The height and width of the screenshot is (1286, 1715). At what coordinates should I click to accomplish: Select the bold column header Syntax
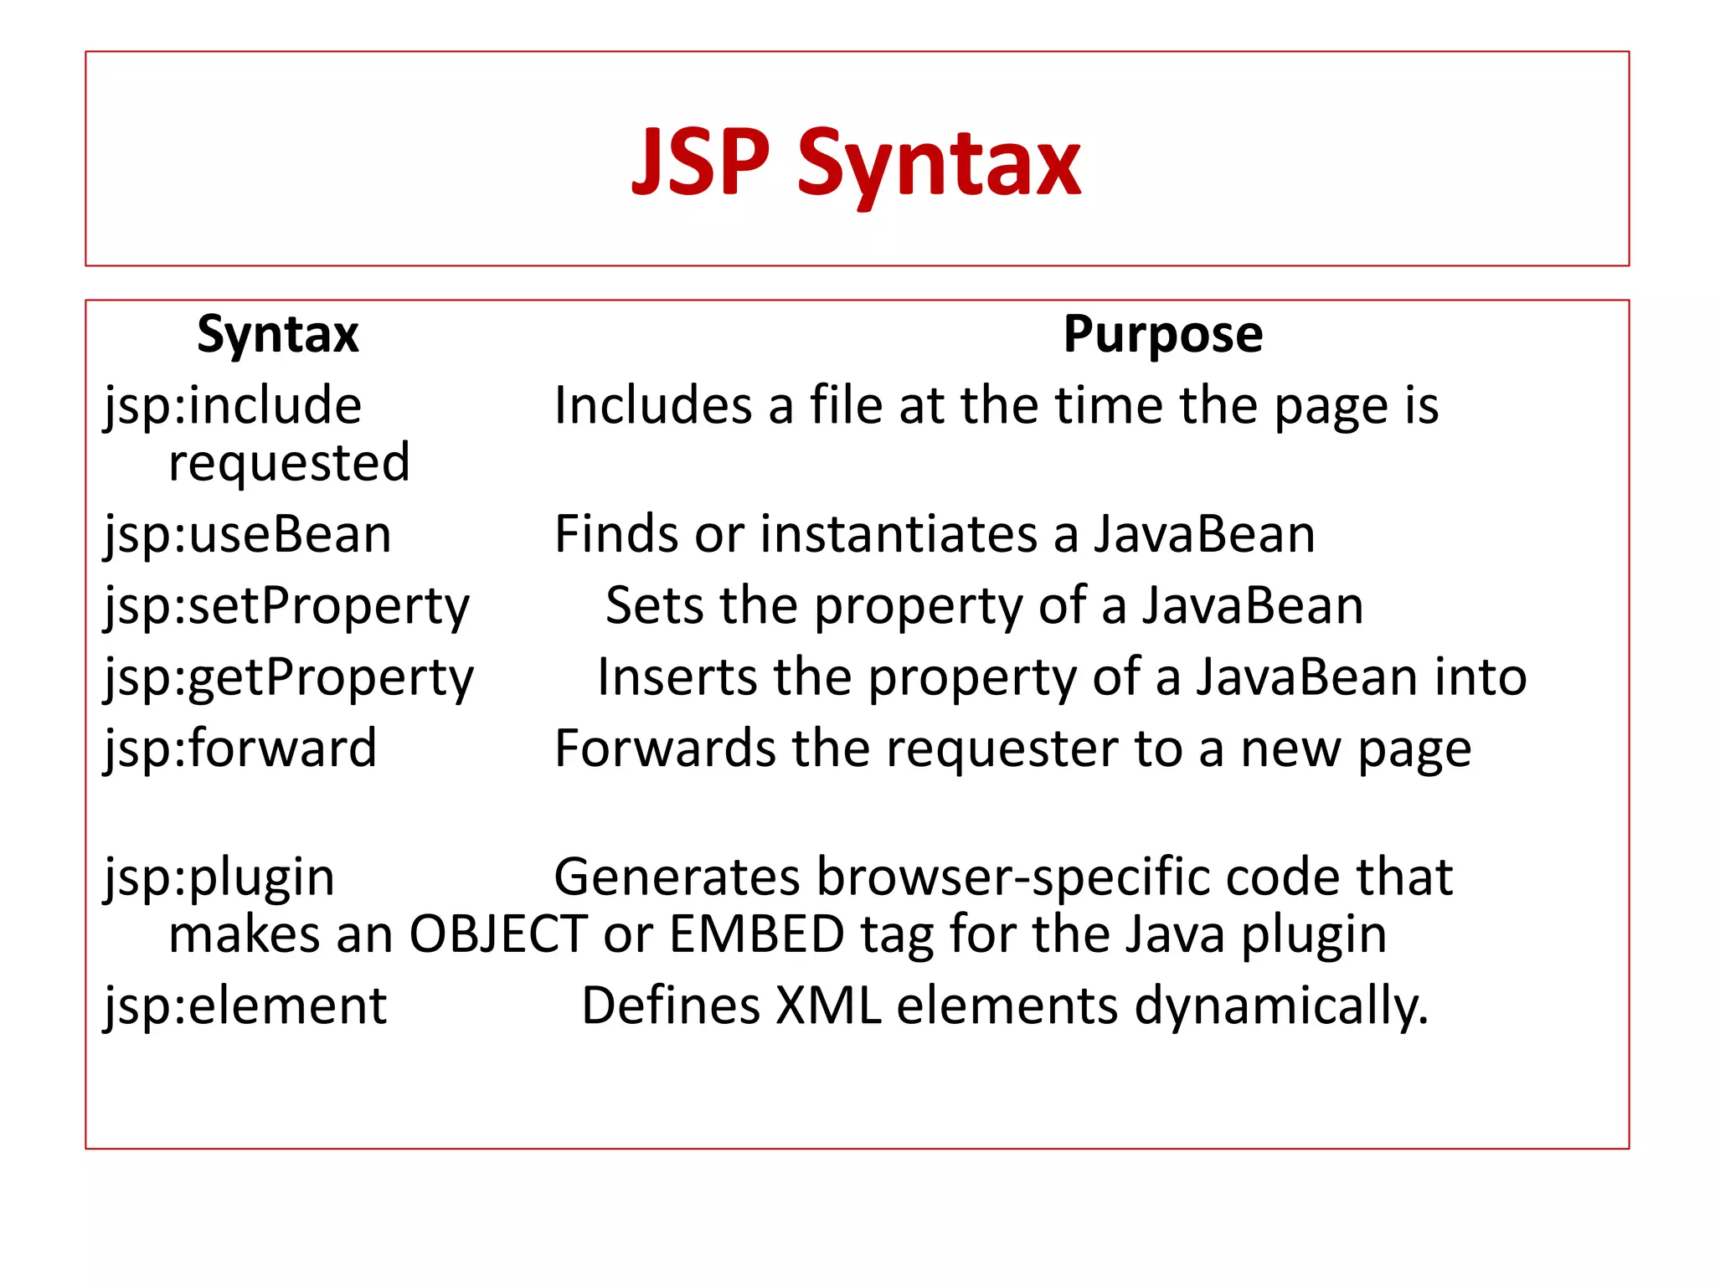click(x=277, y=335)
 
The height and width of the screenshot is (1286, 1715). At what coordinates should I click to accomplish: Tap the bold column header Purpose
click(x=1162, y=335)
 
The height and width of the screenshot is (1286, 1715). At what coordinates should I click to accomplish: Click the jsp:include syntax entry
click(x=233, y=407)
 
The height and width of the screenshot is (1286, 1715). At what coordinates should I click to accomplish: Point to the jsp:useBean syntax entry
click(x=248, y=535)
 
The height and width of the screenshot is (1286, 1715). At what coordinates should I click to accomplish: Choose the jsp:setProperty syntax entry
click(x=286, y=607)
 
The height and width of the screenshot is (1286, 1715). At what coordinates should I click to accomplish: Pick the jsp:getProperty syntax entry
click(x=289, y=678)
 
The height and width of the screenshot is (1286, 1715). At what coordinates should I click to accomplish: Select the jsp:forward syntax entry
click(x=240, y=748)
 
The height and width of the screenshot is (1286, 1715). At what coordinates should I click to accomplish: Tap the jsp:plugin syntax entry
click(x=219, y=878)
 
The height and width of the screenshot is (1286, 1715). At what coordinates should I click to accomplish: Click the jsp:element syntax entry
click(x=245, y=1006)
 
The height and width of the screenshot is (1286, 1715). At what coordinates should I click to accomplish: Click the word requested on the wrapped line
click(x=289, y=463)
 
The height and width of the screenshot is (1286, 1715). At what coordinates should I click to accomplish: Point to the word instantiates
click(x=899, y=535)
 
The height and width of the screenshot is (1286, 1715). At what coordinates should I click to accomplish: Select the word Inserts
click(x=677, y=677)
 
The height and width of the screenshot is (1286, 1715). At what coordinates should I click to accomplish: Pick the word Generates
click(x=677, y=878)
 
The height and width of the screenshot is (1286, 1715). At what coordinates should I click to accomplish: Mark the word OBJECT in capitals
click(x=497, y=934)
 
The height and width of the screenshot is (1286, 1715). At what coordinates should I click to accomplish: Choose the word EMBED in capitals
click(x=757, y=934)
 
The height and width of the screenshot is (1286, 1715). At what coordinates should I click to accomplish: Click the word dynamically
click(x=1280, y=1006)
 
